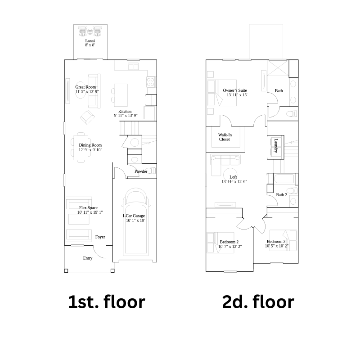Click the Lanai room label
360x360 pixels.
tap(90, 41)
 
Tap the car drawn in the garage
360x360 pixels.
tap(135, 222)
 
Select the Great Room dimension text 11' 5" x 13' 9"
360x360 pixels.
tap(87, 92)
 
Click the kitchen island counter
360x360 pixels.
tap(121, 94)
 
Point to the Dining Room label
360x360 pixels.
tap(90, 145)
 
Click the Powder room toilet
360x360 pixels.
tap(150, 171)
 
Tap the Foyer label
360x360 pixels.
tap(100, 237)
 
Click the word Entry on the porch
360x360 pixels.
tap(88, 258)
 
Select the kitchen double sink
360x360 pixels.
tap(133, 66)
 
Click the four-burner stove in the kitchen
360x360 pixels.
tap(151, 82)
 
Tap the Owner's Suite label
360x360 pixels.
tap(235, 90)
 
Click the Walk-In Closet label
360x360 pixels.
tap(225, 137)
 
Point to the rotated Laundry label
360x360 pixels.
tap(276, 145)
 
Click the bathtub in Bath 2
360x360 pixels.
tap(284, 179)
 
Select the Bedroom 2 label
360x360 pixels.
tap(229, 242)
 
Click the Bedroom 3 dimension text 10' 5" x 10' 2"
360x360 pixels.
tap(277, 246)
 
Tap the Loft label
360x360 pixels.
tap(233, 177)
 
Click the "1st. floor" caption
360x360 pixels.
tap(107, 301)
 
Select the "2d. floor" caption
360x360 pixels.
tap(258, 301)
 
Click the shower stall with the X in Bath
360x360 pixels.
tap(278, 68)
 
